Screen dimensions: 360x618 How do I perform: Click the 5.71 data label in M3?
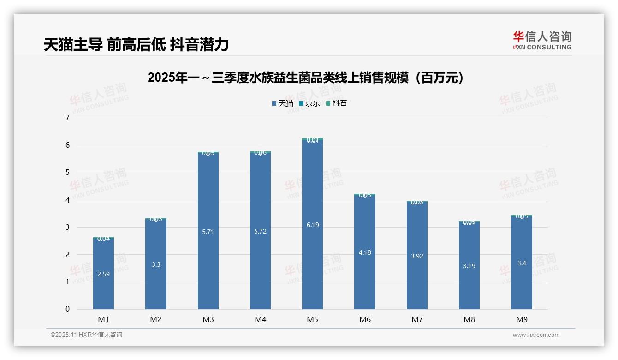click(x=208, y=232)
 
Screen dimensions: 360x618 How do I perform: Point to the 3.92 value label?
click(x=417, y=256)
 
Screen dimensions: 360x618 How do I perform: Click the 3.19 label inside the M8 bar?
click(x=469, y=266)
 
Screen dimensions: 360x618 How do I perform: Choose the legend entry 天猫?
click(x=282, y=103)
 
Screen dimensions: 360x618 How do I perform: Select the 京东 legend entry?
click(x=309, y=103)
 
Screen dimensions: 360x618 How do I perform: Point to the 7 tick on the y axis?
click(x=67, y=118)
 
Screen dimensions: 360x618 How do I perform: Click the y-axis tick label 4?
click(x=67, y=200)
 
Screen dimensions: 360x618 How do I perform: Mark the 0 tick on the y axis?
click(x=67, y=309)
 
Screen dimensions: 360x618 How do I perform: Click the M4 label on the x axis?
click(x=260, y=319)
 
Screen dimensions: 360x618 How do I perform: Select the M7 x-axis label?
click(x=417, y=319)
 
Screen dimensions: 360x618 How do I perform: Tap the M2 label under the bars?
click(x=156, y=319)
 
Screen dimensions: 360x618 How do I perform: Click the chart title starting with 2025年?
click(x=305, y=78)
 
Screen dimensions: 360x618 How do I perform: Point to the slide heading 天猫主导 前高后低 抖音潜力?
click(x=137, y=45)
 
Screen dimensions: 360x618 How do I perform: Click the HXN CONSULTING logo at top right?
click(x=542, y=41)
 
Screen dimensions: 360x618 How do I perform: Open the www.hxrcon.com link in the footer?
click(x=536, y=335)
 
